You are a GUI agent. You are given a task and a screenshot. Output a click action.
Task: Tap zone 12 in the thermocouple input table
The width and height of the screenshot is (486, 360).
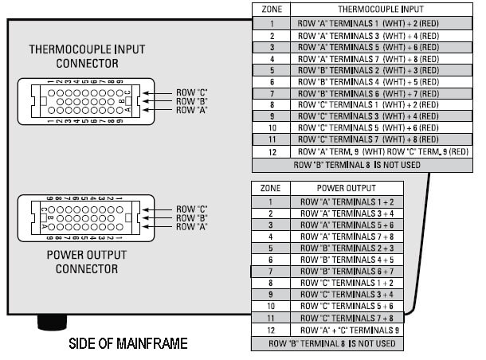pyautogui.click(x=272, y=151)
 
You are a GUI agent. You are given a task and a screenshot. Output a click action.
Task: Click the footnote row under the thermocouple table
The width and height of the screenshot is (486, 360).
pyautogui.click(x=363, y=165)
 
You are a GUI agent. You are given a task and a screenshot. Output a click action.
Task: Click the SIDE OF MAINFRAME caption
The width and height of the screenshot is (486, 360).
pyautogui.click(x=128, y=343)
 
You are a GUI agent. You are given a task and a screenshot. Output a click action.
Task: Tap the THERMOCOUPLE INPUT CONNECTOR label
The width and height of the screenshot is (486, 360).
pyautogui.click(x=88, y=56)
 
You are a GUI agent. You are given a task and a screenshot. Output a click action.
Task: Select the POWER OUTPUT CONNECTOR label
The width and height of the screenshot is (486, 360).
pyautogui.click(x=87, y=262)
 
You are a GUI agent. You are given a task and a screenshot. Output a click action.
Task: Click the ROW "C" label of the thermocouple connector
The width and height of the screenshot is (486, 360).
pyautogui.click(x=192, y=93)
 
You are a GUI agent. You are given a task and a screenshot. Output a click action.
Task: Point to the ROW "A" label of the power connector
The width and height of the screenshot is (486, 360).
pyautogui.click(x=192, y=226)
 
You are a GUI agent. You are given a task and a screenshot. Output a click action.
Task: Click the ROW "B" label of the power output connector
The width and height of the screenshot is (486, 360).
pyautogui.click(x=192, y=217)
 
